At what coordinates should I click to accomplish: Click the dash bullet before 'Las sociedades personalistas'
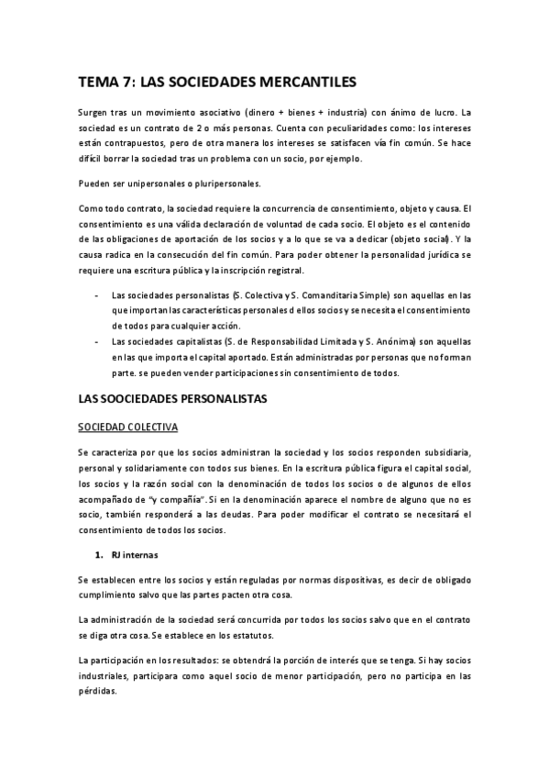click(97, 295)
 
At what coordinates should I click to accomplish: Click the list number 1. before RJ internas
click(98, 554)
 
